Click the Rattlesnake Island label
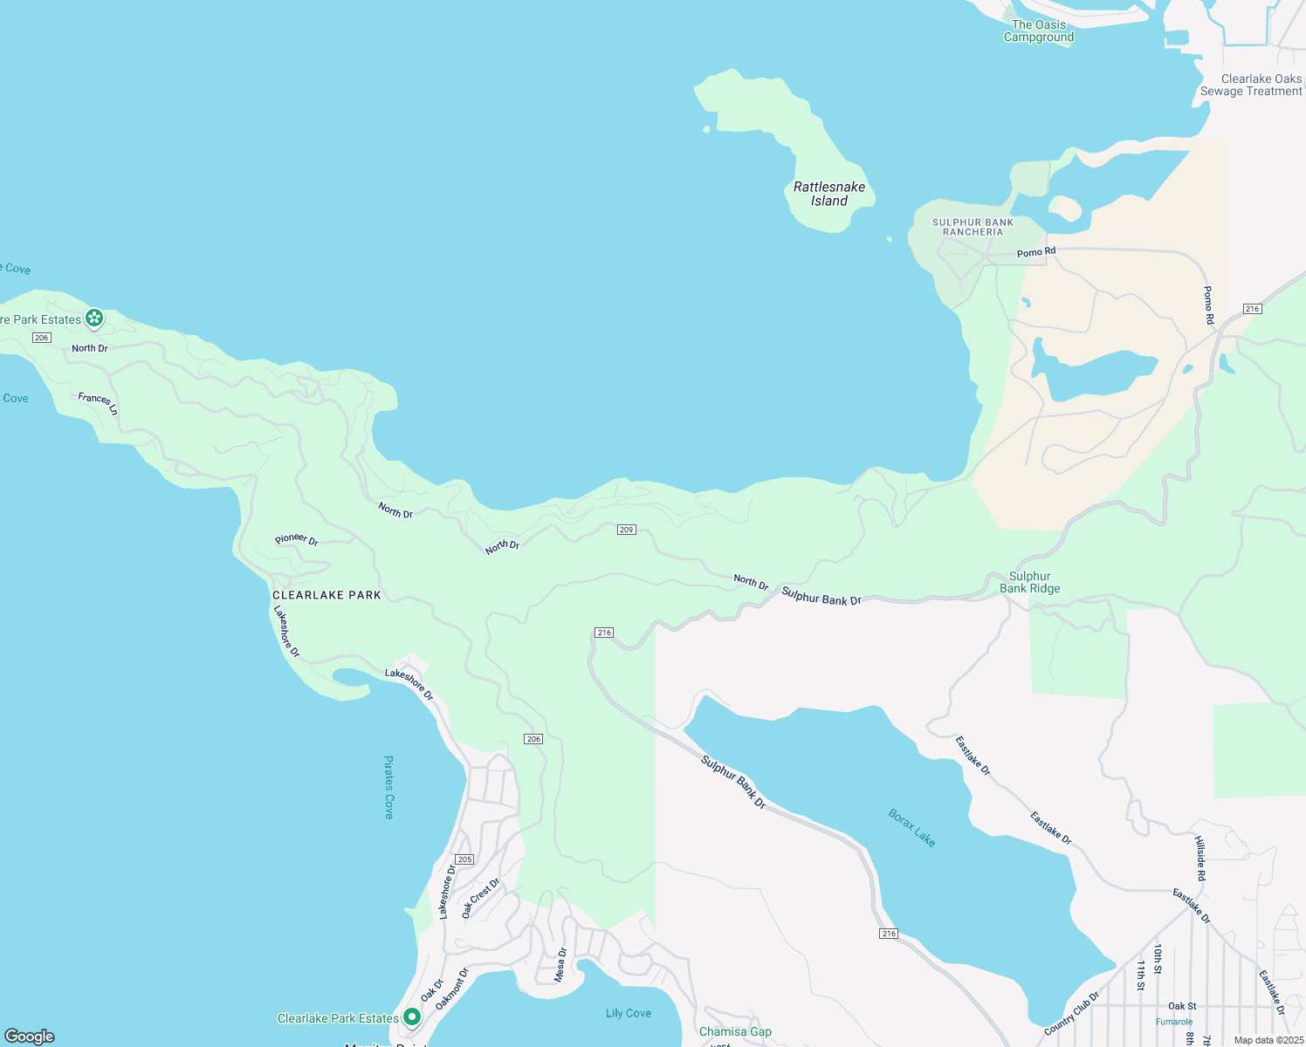click(829, 194)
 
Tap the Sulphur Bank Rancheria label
click(973, 227)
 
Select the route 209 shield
click(626, 530)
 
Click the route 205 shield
click(464, 859)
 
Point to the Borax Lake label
click(912, 828)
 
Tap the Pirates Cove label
click(389, 787)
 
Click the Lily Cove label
click(629, 1013)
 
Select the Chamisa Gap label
click(735, 1031)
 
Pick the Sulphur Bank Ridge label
click(1030, 582)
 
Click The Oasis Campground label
click(1039, 31)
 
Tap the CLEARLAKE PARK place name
click(327, 595)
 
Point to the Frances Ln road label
click(98, 402)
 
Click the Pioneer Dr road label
click(297, 540)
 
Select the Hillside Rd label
click(1200, 858)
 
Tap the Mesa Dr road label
click(561, 964)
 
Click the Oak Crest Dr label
click(480, 898)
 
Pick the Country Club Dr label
click(1072, 1012)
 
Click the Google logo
click(30, 1037)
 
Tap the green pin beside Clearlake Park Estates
click(411, 1017)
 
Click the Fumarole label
click(1174, 1022)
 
